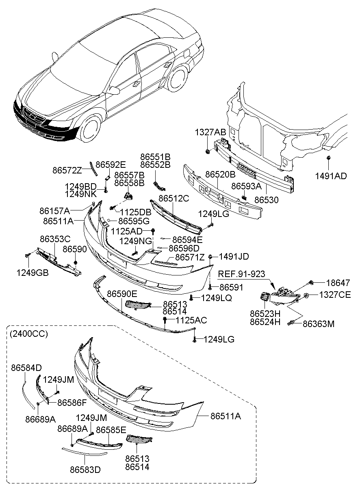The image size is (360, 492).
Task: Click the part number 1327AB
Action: point(210,132)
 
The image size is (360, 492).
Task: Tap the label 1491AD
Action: point(331,176)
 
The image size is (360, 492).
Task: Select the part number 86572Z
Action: point(67,170)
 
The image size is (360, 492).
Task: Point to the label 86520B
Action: point(220,174)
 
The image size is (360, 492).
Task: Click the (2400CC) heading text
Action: point(28,334)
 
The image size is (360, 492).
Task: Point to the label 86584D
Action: point(26,368)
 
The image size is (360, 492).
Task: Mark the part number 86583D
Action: point(85,470)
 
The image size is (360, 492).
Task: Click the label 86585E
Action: point(111,429)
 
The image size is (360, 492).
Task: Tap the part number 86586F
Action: point(72,403)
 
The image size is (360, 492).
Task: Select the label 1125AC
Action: point(191,321)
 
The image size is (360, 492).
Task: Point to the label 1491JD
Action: point(234,256)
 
